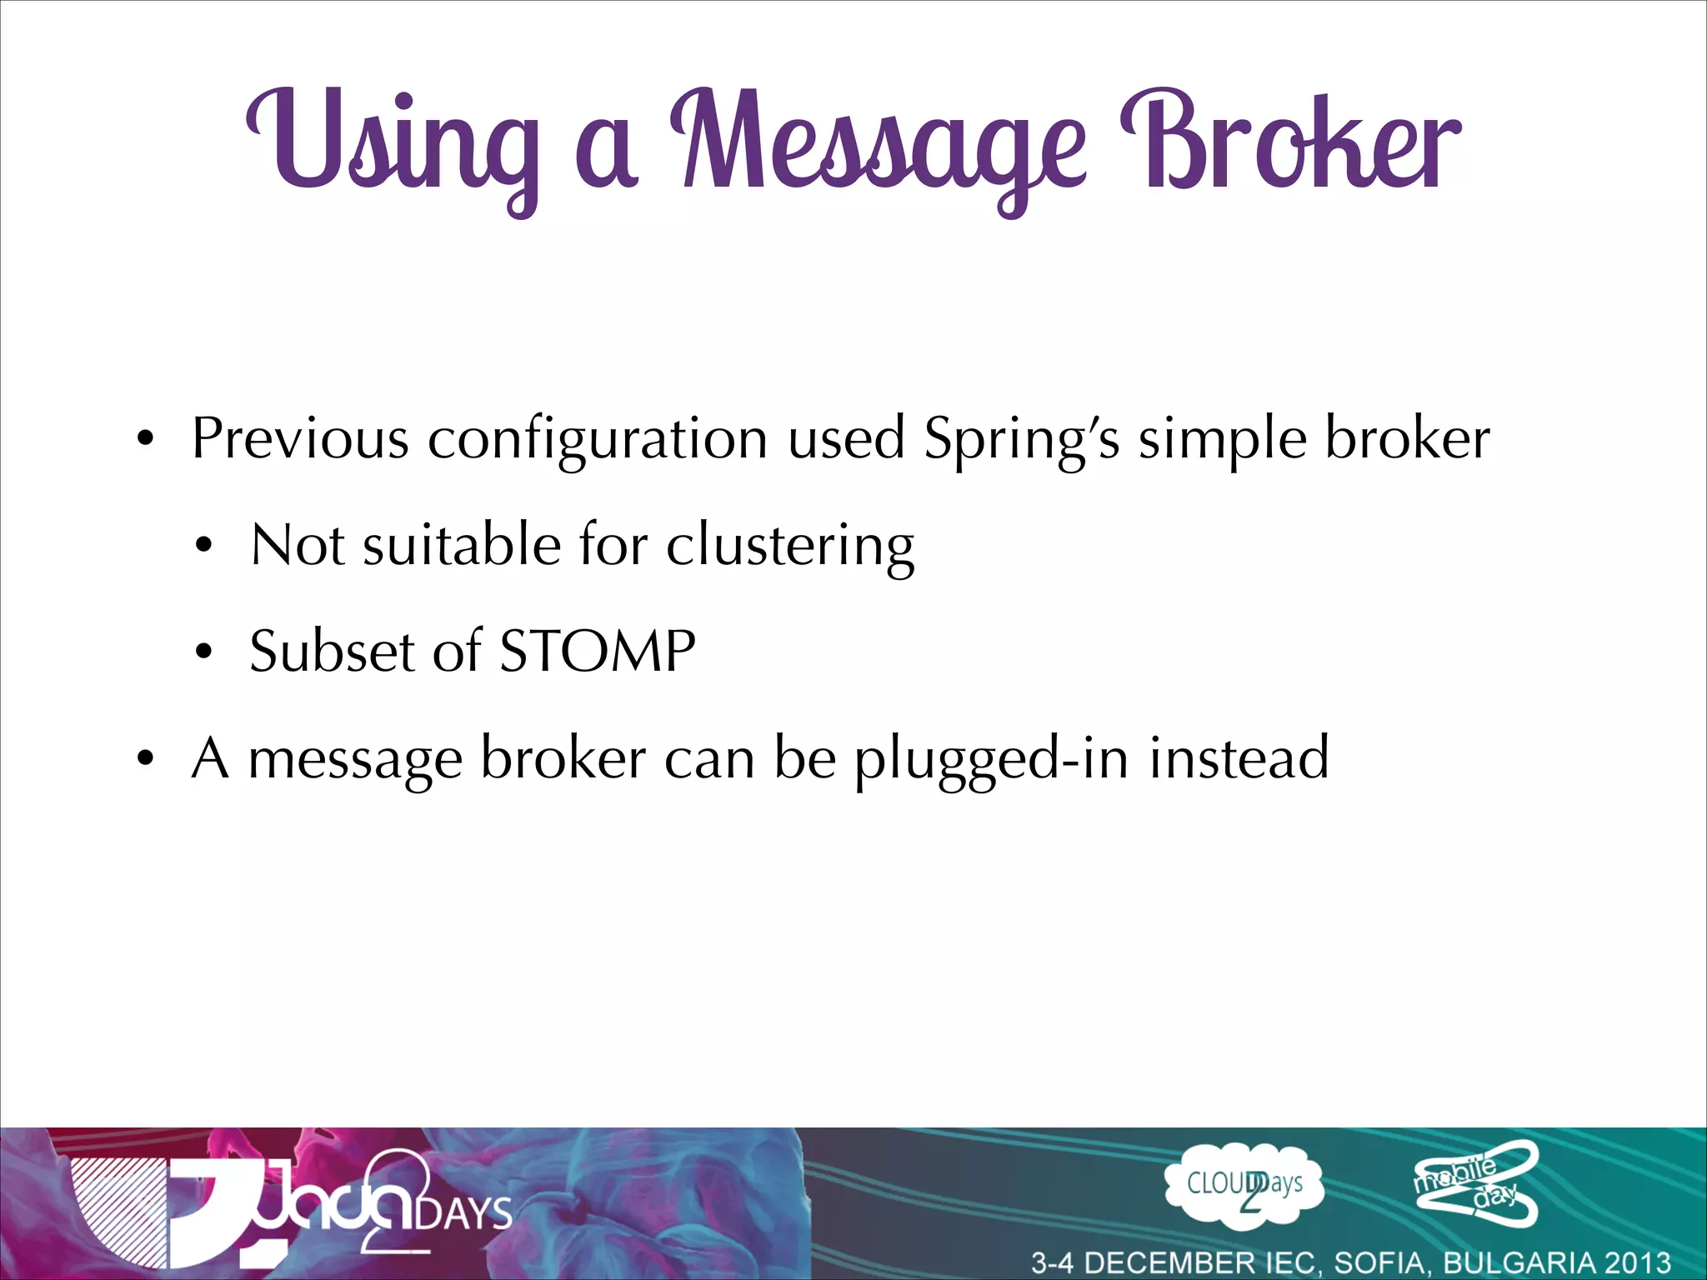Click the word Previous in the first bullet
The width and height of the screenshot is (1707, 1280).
pos(300,438)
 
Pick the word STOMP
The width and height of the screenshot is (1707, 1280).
pos(597,652)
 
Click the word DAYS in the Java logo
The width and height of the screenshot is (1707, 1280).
pos(463,1212)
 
